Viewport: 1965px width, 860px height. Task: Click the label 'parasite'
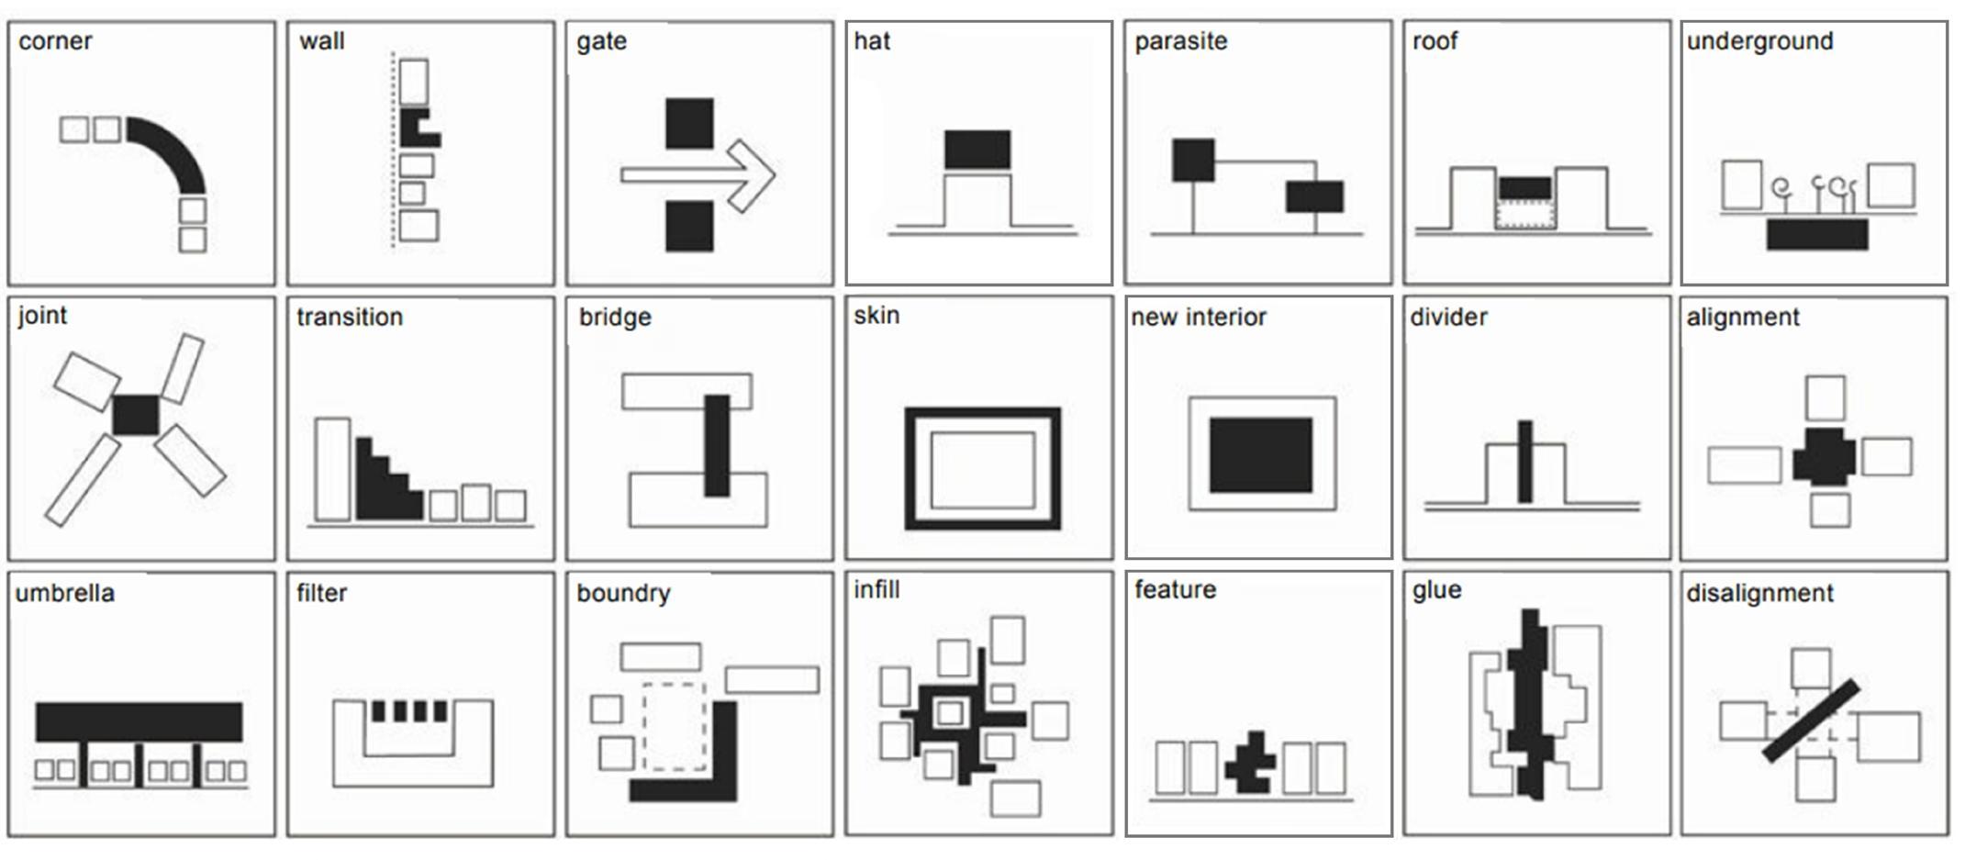coord(1180,41)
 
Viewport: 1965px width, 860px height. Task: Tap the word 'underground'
coord(1759,41)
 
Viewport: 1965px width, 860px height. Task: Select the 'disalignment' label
coord(1759,593)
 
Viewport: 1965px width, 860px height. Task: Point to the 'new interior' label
coord(1198,318)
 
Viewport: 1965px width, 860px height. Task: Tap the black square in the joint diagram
coord(136,415)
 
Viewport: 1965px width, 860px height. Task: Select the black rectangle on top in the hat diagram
coord(977,150)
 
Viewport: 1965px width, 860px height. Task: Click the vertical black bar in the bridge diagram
coord(717,445)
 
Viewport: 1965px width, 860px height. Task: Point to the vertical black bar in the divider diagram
coord(1524,462)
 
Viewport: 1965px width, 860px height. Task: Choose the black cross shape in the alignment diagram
coord(1825,456)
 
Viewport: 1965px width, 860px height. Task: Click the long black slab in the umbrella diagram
coord(139,721)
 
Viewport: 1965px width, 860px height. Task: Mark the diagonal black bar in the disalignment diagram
coord(1811,720)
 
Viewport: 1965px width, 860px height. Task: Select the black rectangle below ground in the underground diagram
coord(1817,234)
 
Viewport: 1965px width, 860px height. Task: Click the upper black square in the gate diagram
coord(689,123)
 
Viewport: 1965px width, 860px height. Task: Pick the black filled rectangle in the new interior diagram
coord(1260,454)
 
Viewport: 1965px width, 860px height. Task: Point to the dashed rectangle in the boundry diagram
coord(675,725)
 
